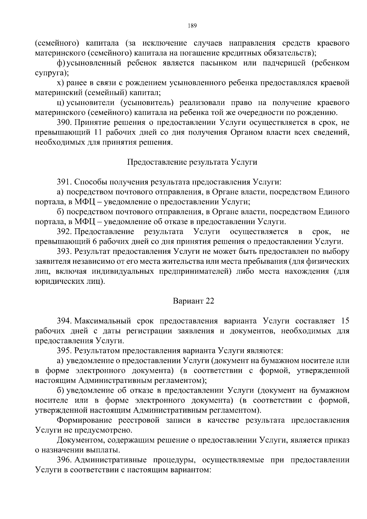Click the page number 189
(192, 25)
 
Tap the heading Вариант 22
(193, 301)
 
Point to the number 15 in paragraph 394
(345, 321)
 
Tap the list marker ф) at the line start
(61, 63)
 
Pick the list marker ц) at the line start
(61, 103)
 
